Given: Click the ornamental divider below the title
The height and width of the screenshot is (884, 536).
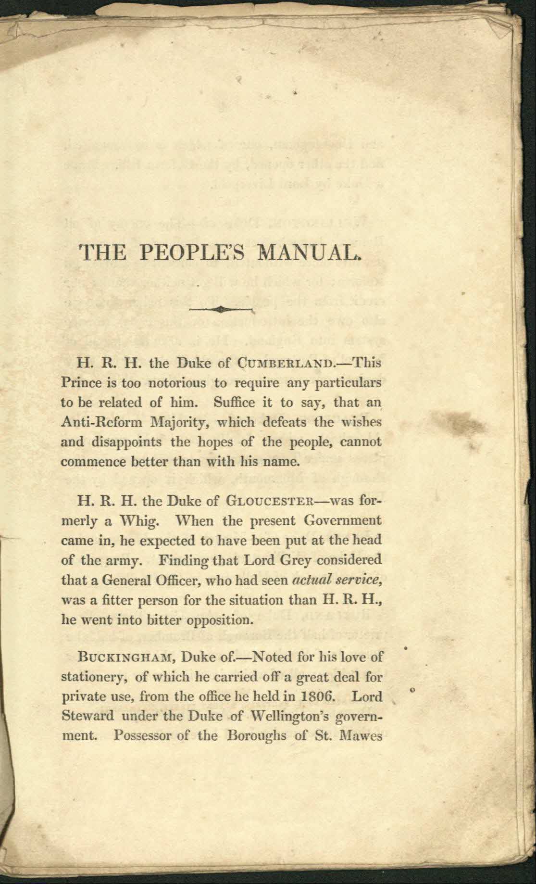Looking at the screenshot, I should [x=221, y=309].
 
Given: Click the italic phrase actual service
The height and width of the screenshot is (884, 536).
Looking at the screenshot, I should [x=338, y=580].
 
